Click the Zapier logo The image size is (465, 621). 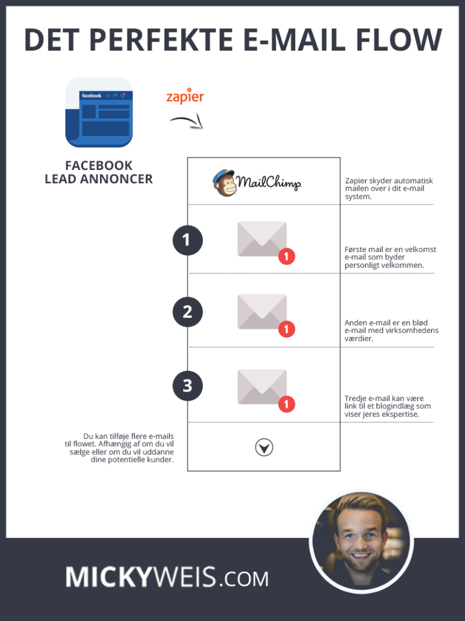tap(185, 96)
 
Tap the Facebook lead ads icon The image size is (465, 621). tap(99, 112)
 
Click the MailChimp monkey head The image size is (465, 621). tap(225, 183)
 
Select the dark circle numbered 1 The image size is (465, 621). tap(187, 240)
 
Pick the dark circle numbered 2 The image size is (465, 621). tap(187, 312)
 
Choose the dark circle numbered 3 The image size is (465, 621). tap(187, 386)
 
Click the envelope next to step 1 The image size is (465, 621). tap(262, 239)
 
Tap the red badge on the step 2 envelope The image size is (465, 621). tap(287, 329)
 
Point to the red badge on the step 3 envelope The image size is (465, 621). tap(287, 405)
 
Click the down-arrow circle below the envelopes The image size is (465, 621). tap(264, 447)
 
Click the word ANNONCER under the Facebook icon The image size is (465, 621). tap(116, 179)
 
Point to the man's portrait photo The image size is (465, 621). tap(361, 542)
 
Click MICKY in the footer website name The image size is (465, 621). tap(108, 576)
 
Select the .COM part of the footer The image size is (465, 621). tap(243, 579)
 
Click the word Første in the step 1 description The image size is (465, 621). tap(355, 250)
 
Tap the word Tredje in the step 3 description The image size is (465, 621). tap(356, 399)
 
